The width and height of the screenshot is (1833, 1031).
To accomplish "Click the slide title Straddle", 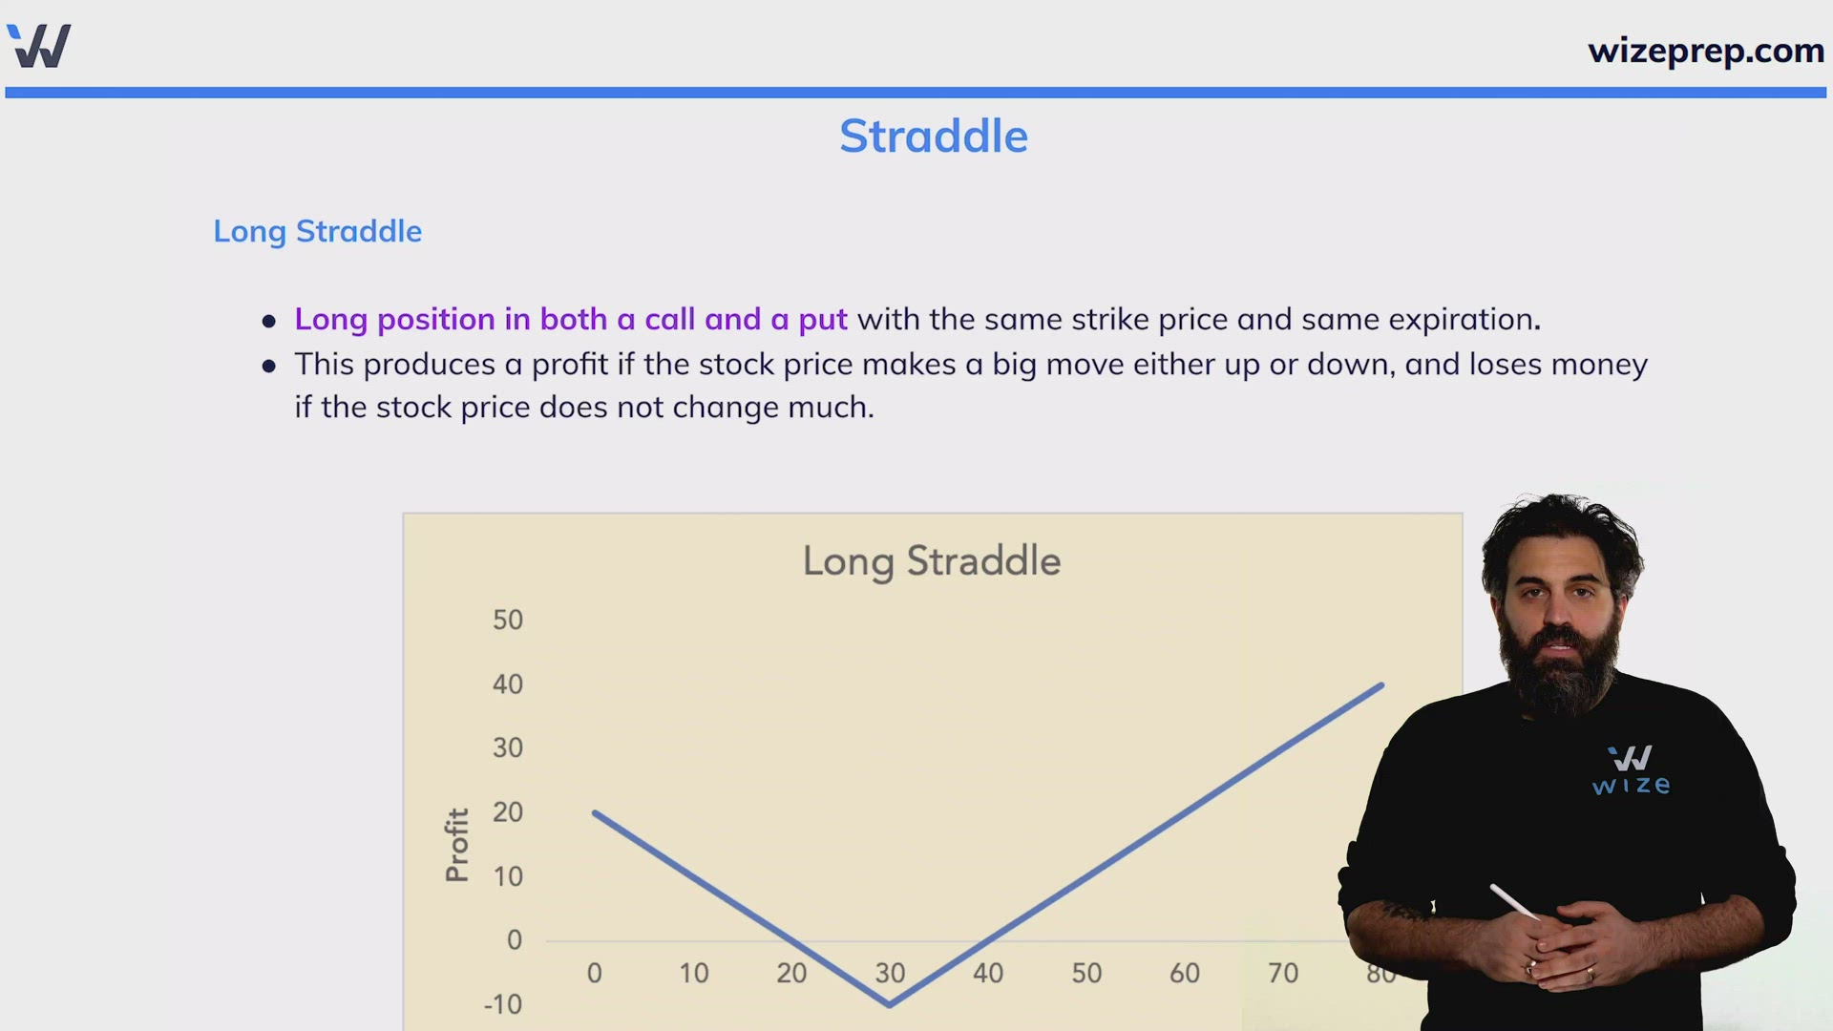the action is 934,137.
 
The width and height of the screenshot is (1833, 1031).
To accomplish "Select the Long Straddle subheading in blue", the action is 317,231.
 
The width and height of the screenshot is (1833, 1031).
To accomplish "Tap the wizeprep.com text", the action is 1706,51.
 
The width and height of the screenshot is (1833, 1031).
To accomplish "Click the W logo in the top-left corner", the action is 39,46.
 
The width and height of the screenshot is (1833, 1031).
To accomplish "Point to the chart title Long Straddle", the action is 932,561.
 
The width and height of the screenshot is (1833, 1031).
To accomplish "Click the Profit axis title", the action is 457,845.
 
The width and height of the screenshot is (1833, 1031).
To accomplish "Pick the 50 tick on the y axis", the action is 508,620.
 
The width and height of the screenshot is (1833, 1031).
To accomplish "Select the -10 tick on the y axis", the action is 503,1004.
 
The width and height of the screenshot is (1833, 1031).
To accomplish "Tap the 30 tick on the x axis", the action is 890,973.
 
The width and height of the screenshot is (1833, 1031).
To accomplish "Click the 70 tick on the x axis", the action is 1283,973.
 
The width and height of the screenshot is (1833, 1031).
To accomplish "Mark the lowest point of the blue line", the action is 890,1004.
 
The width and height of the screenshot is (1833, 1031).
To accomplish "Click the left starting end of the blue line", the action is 595,812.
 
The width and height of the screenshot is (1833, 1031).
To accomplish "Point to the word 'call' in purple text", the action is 669,319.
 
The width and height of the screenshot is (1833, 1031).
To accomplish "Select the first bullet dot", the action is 269,322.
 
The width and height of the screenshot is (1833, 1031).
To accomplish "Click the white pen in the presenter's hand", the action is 1515,901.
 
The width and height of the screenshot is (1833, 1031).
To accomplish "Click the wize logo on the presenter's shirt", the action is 1631,770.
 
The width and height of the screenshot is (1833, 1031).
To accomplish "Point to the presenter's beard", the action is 1558,668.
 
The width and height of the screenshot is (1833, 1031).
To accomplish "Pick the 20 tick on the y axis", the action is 508,812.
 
